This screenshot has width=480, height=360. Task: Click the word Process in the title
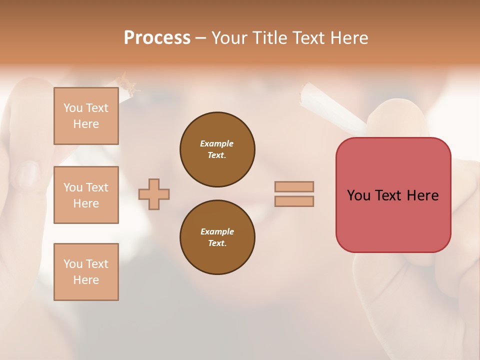[157, 38]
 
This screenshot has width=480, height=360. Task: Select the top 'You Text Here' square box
[86, 116]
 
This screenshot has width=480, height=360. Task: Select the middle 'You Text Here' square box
[86, 195]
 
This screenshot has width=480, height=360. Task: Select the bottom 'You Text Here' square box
[86, 272]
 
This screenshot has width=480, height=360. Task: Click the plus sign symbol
[154, 194]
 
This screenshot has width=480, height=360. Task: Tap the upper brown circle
[217, 149]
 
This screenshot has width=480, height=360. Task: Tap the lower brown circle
[217, 237]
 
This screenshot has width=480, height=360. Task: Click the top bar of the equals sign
[294, 186]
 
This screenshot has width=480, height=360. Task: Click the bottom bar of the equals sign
[294, 201]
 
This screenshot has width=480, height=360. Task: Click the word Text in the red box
[389, 195]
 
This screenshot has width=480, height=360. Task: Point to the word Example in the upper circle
[216, 143]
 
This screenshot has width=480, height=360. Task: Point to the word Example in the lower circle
[217, 231]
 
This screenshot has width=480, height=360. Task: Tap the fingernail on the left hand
[30, 173]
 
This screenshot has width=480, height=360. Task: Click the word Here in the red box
[422, 195]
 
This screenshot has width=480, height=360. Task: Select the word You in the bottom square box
[73, 264]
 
